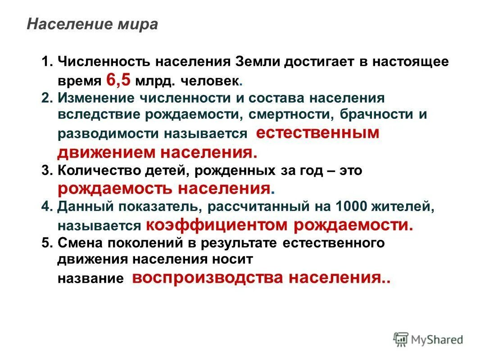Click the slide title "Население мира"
pyautogui.click(x=92, y=24)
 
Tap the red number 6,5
pyautogui.click(x=118, y=80)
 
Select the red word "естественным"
pyautogui.click(x=317, y=133)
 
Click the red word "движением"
pyautogui.click(x=106, y=152)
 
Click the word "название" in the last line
pyautogui.click(x=91, y=279)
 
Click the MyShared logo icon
pyautogui.click(x=401, y=339)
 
